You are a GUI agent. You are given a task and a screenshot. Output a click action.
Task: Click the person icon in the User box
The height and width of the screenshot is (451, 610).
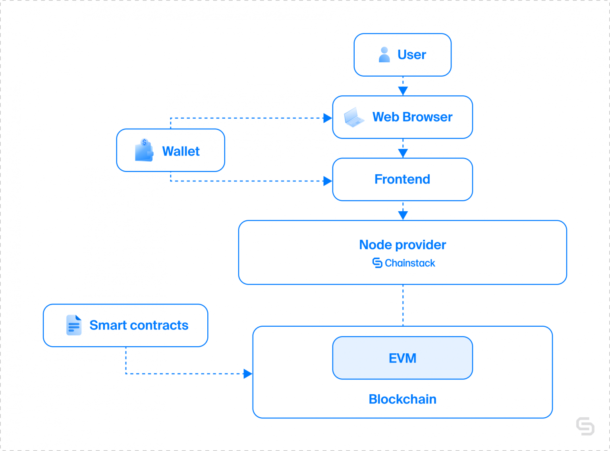pos(384,55)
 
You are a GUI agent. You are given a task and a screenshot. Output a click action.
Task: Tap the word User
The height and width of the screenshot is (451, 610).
pos(411,55)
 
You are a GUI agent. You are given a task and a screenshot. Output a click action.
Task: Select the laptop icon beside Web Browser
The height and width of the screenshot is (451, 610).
pos(353,117)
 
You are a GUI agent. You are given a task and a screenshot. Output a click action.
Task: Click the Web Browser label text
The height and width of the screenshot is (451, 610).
pos(412,117)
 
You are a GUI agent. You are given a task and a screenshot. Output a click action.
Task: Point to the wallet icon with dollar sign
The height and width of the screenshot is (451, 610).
pos(144,150)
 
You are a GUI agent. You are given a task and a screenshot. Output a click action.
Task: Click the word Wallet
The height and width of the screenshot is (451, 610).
pos(181,151)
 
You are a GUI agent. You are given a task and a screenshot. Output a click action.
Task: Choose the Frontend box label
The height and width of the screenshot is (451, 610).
pos(402,179)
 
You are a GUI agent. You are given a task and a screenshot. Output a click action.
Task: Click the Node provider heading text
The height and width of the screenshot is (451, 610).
pos(402,245)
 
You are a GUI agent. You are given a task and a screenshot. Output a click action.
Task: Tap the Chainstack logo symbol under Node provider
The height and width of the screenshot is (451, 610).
pos(377,263)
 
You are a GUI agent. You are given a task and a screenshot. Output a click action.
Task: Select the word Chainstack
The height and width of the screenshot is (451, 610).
pos(410,263)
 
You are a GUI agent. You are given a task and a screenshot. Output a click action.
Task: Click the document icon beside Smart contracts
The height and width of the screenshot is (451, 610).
pos(74,325)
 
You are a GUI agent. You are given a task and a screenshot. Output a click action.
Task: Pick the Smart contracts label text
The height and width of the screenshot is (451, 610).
pos(139,326)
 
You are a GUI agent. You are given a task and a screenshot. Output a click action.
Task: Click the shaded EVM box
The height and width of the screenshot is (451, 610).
pos(402,358)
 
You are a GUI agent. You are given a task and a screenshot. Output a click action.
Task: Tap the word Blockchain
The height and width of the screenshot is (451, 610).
pos(402,399)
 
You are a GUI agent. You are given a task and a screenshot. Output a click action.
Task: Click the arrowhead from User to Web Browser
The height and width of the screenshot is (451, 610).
pos(403,91)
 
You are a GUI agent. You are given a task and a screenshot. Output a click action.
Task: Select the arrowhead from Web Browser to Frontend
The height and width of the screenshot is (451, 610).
pos(403,153)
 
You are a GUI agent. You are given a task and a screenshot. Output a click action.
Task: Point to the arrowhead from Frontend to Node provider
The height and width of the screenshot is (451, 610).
pos(403,215)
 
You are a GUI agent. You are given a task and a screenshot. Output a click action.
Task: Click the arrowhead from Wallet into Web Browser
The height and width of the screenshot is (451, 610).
pos(328,118)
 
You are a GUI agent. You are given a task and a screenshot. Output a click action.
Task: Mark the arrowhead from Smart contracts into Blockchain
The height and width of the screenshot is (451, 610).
pos(248,374)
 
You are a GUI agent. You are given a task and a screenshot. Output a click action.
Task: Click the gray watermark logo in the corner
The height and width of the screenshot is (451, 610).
pos(585,426)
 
